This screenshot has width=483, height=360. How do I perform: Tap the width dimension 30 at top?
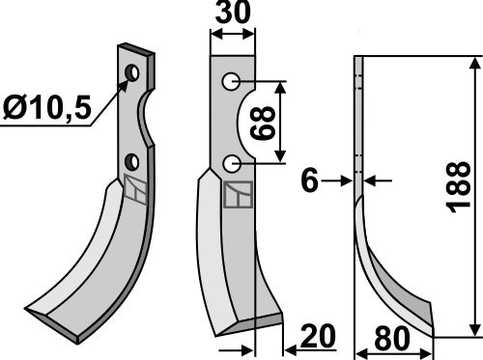pos(233,17)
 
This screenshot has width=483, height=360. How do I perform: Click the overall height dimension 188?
pos(461,195)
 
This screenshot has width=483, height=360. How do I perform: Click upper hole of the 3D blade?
pos(134,73)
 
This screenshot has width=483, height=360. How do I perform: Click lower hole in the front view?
pos(230,165)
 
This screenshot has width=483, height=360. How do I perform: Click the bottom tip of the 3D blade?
pos(72,336)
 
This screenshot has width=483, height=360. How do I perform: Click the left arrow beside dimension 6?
pos(343,180)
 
